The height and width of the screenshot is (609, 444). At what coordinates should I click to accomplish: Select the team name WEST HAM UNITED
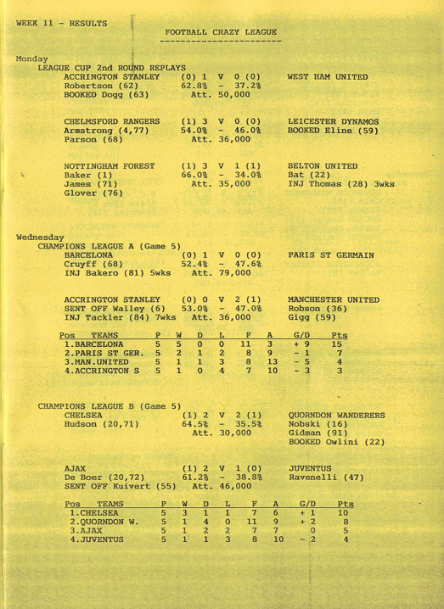pyautogui.click(x=328, y=77)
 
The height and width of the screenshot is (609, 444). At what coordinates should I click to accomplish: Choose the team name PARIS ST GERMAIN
pyautogui.click(x=331, y=254)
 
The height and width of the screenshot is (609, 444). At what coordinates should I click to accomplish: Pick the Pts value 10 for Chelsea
pyautogui.click(x=342, y=512)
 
